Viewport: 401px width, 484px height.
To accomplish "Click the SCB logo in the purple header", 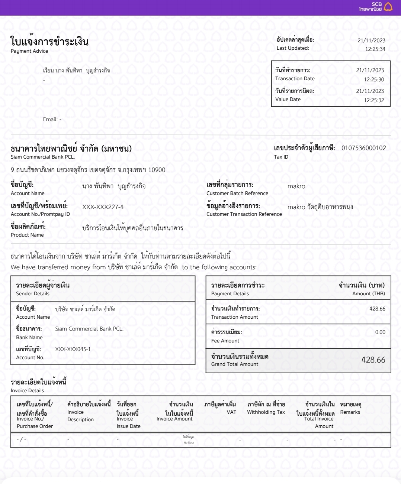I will click(x=376, y=7).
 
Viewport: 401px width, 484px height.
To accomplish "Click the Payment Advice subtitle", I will click(x=29, y=51).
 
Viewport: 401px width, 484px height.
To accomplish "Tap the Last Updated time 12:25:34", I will click(x=375, y=49).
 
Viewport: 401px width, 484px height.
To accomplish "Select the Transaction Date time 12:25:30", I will click(x=374, y=79).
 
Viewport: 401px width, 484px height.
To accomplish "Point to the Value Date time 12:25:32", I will click(x=374, y=100).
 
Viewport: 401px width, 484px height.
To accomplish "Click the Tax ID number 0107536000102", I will click(x=363, y=148).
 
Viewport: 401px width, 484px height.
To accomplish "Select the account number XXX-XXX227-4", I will click(x=103, y=207).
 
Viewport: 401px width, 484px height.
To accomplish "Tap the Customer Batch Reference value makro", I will click(x=296, y=186).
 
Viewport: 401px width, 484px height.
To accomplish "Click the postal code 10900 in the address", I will click(x=157, y=170).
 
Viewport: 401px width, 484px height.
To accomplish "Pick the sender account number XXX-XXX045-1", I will click(x=73, y=349).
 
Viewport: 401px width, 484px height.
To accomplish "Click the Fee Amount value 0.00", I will click(x=380, y=332).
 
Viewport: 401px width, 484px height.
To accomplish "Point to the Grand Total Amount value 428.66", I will click(x=373, y=360).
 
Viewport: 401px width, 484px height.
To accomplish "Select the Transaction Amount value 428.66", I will click(x=377, y=309).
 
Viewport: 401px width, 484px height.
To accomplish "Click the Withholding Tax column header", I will click(x=266, y=412).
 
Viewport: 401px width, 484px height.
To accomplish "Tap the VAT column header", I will click(x=231, y=412).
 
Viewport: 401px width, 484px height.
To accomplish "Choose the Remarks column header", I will click(x=350, y=412).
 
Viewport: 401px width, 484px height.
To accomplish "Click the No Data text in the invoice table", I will click(x=189, y=442).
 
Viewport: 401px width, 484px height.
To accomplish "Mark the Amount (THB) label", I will click(x=369, y=293).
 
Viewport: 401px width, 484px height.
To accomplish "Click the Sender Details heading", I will click(x=33, y=293).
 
